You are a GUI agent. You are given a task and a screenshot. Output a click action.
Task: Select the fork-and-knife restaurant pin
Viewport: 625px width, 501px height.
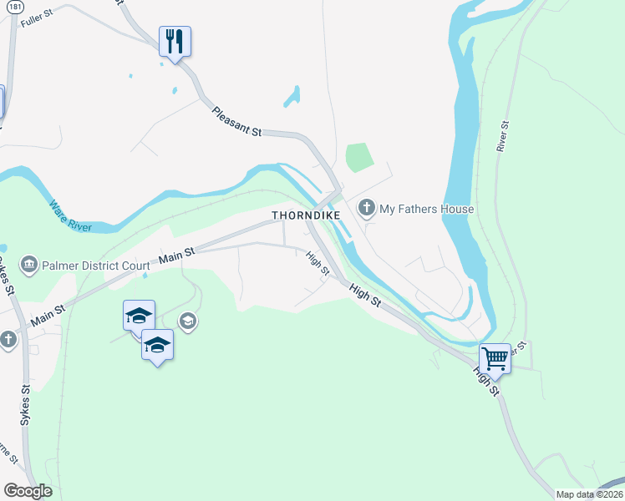(175, 40)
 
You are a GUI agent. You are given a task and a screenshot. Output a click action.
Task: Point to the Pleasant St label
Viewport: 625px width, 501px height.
(237, 121)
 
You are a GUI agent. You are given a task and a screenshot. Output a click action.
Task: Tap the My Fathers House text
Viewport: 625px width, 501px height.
(427, 209)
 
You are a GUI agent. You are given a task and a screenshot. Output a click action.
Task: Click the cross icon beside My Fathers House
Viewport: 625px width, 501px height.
(366, 207)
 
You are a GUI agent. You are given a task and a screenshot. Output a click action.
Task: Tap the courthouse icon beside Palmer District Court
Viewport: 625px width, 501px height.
(30, 266)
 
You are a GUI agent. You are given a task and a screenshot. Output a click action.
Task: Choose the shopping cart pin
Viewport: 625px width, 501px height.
(495, 358)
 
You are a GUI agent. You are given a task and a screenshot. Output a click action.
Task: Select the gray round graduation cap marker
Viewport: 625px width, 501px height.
(188, 321)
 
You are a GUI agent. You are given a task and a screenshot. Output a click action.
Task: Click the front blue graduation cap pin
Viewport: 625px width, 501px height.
(157, 344)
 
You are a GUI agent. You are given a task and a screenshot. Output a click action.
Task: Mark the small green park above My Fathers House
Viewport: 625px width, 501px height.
(358, 156)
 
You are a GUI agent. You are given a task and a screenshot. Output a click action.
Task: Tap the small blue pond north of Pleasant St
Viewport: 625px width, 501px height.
(292, 97)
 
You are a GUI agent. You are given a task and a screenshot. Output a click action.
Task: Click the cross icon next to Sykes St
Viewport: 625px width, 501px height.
(8, 340)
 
